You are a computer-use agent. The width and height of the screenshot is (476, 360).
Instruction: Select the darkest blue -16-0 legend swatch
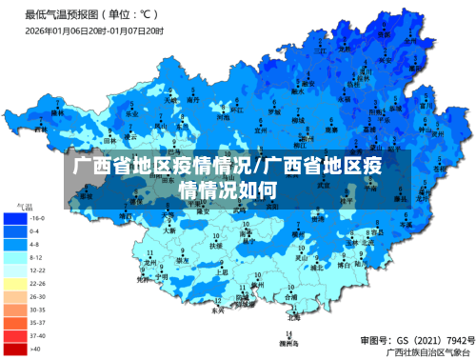point(15,218)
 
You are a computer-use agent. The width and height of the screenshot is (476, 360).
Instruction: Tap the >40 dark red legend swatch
point(15,349)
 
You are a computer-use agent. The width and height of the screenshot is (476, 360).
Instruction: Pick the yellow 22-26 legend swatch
point(15,283)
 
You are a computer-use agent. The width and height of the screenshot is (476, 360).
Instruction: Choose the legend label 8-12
point(35,257)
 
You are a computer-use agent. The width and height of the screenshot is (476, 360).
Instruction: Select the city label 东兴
point(218,310)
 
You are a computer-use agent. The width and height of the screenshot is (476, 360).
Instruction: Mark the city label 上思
point(223,271)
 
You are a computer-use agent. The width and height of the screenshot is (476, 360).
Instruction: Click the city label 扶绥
point(215,244)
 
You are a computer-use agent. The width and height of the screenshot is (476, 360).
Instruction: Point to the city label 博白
point(343,264)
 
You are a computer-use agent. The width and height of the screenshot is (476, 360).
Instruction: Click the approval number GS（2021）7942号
point(414,339)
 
